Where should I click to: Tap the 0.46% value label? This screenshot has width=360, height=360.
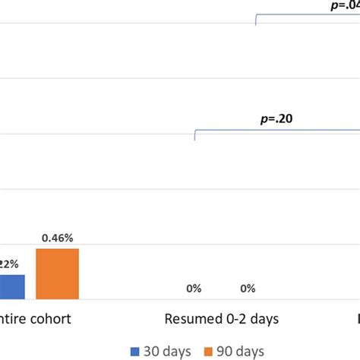57,238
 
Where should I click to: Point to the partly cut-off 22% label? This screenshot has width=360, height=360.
8,264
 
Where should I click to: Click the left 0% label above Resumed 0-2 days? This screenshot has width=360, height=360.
194,288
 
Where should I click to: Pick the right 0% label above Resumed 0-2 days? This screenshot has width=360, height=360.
248,288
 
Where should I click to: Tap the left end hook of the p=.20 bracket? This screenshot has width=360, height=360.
195,135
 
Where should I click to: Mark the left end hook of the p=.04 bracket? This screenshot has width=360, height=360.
257,21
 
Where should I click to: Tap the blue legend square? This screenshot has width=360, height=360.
136,351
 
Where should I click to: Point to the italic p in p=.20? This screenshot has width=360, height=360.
262,119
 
